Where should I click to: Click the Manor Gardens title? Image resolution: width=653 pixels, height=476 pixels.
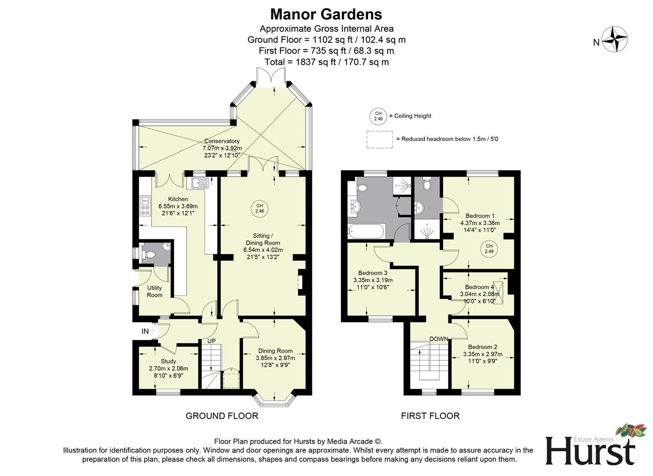coord(326,14)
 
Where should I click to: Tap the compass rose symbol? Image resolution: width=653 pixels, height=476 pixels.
coord(615,39)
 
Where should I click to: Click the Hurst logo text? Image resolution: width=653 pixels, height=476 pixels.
coord(590,450)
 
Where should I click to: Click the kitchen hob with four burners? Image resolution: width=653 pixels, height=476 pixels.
coord(145,206)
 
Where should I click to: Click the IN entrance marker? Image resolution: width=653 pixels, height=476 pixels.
coord(145,331)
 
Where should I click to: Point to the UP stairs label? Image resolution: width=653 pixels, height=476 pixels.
coord(212,341)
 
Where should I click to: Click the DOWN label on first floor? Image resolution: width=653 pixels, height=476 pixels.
coord(439,339)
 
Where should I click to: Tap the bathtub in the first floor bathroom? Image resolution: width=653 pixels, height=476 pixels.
coord(366,231)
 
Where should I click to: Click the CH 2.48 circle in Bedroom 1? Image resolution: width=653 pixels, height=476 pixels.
coord(489,249)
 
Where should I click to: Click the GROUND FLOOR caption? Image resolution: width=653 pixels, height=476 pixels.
coord(222,416)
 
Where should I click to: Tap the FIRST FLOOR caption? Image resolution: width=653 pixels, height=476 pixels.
coord(430,416)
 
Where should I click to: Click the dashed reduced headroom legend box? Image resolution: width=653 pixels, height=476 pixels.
coord(379,139)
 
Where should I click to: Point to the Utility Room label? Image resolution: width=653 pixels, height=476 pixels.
coord(154,291)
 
